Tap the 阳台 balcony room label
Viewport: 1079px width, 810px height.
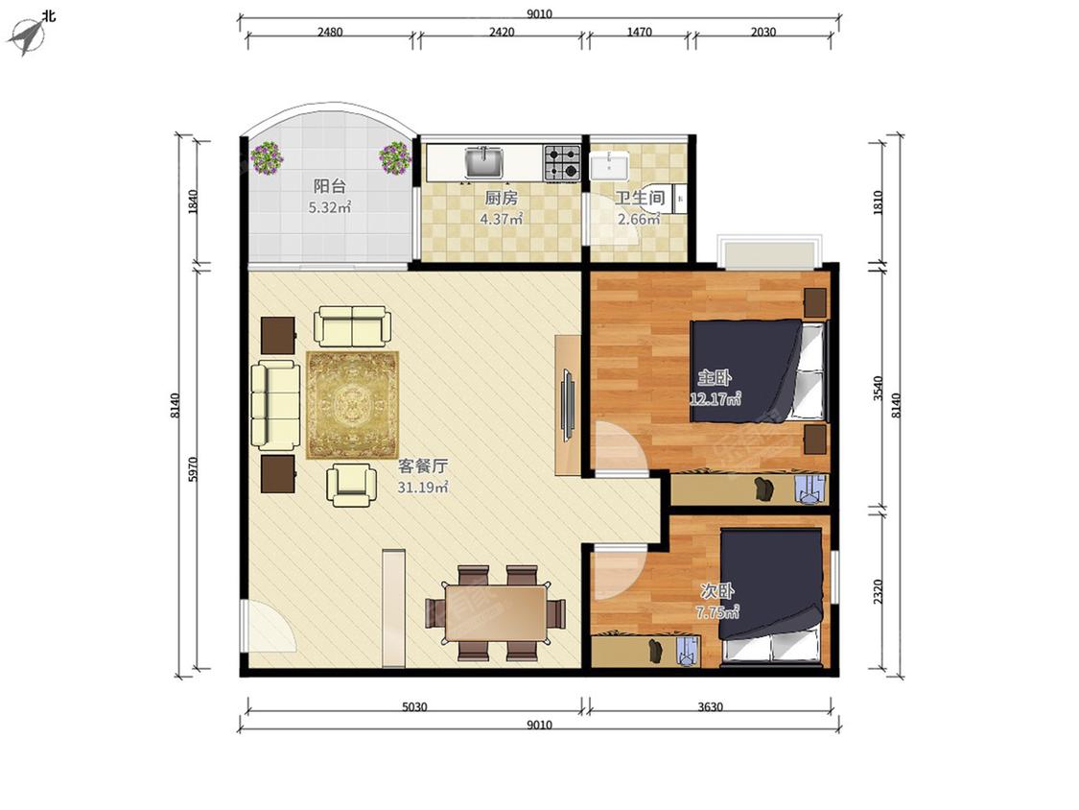click(x=330, y=186)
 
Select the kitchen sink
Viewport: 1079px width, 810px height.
click(x=484, y=162)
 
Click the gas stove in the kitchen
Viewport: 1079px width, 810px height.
click(x=562, y=162)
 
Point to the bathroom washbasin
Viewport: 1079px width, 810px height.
click(x=608, y=166)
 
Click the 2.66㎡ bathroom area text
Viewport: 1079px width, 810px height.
click(x=639, y=219)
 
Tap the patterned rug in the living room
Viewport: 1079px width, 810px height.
click(x=352, y=405)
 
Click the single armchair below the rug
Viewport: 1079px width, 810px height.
click(x=352, y=485)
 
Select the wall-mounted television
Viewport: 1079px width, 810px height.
click(x=569, y=405)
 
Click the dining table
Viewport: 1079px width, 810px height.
click(x=496, y=613)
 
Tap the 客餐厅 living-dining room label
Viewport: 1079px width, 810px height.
click(x=423, y=466)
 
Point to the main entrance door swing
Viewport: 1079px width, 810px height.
click(x=270, y=626)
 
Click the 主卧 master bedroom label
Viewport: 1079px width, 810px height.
click(x=715, y=377)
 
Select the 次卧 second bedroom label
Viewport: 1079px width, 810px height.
click(x=717, y=591)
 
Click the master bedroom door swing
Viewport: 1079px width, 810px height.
click(x=620, y=447)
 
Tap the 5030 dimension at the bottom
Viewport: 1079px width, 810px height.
click(x=414, y=706)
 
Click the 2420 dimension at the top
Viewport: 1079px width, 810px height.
click(x=502, y=32)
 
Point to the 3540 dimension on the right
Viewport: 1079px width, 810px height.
click(x=878, y=388)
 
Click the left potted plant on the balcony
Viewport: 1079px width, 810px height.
click(x=267, y=157)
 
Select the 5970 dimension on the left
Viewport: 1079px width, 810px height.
click(x=193, y=469)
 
